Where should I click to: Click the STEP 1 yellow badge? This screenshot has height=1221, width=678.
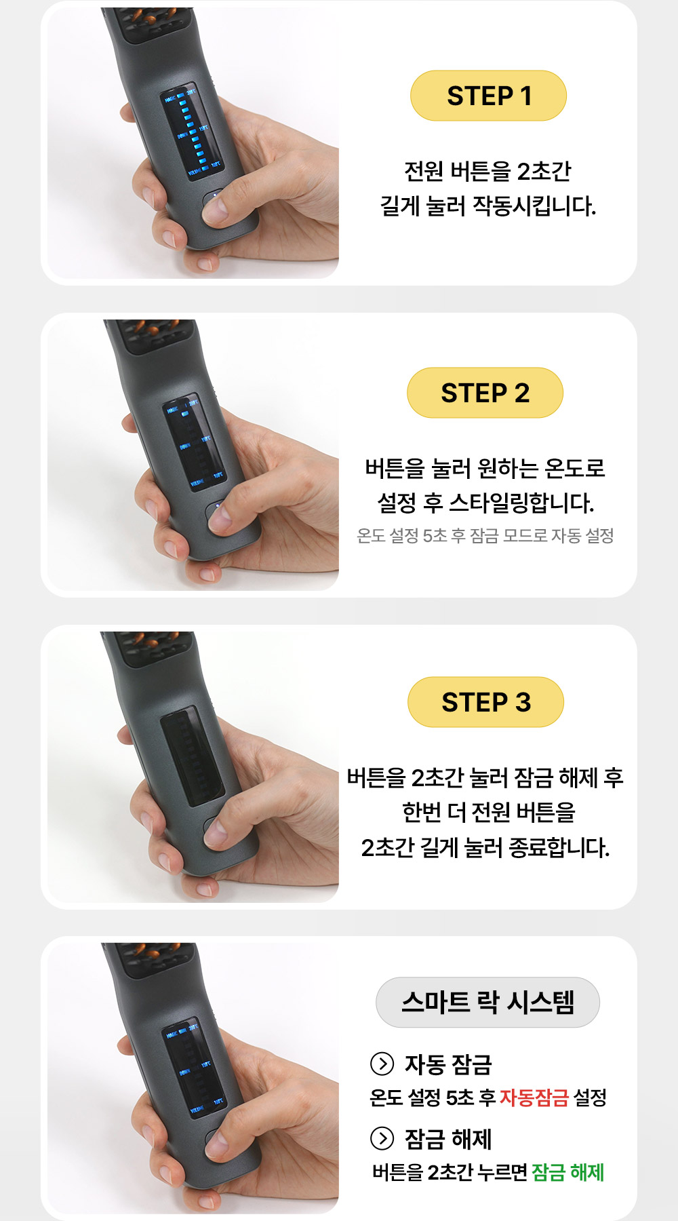point(488,96)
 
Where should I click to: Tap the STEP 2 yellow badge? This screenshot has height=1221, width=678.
point(485,393)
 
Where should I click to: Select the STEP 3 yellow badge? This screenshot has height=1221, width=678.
point(485,702)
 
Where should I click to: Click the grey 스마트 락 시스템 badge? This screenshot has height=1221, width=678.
point(487,1002)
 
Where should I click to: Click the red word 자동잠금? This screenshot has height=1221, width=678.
point(534,1098)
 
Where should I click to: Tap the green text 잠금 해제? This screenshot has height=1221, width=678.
point(567,1172)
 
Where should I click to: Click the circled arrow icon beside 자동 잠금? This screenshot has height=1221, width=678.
point(382,1064)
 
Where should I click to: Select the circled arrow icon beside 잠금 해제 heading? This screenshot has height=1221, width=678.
point(382,1138)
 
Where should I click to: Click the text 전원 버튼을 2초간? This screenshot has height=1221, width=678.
point(487,171)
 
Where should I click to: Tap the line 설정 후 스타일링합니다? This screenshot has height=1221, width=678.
point(485,503)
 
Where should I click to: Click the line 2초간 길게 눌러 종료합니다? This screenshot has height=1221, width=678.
point(485,847)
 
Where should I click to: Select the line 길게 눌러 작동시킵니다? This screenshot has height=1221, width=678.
point(487,206)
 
